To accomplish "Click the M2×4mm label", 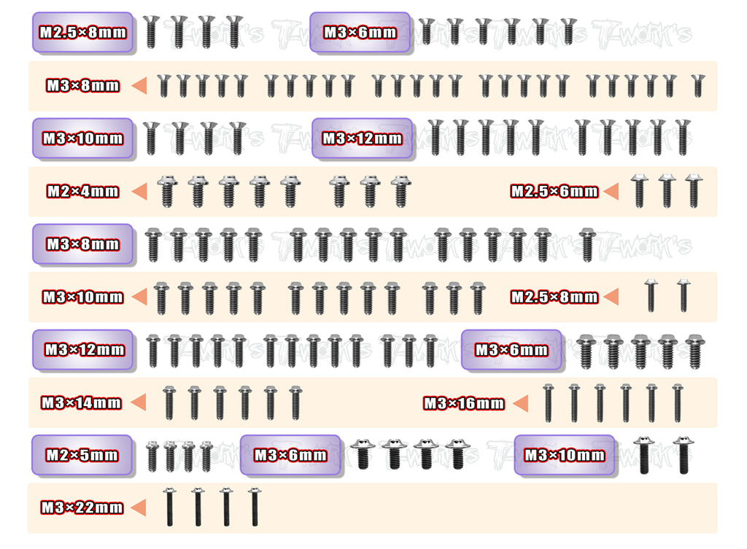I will (x=82, y=192).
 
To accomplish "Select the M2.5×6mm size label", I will (x=554, y=192).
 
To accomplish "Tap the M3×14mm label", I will (x=81, y=402).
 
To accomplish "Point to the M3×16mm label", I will (x=464, y=403).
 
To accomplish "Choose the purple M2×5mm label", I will (x=82, y=455).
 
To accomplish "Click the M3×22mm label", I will (x=81, y=507).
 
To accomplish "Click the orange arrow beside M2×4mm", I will (x=135, y=192).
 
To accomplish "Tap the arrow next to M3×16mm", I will (x=520, y=403).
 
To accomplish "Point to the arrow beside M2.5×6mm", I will (x=611, y=192).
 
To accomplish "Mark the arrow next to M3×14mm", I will (x=136, y=402).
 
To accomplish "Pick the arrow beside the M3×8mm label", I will (x=136, y=86).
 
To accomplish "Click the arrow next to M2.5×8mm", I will (x=611, y=297).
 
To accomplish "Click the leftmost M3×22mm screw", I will (x=169, y=507).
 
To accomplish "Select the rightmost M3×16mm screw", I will (x=678, y=402).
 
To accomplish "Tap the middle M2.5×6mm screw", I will (x=666, y=190).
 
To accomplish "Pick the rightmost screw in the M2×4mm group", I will (x=399, y=191).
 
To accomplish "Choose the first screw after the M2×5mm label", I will (x=152, y=456).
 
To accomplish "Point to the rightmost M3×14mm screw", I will (x=295, y=402).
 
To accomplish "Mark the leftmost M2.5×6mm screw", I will (x=639, y=190).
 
